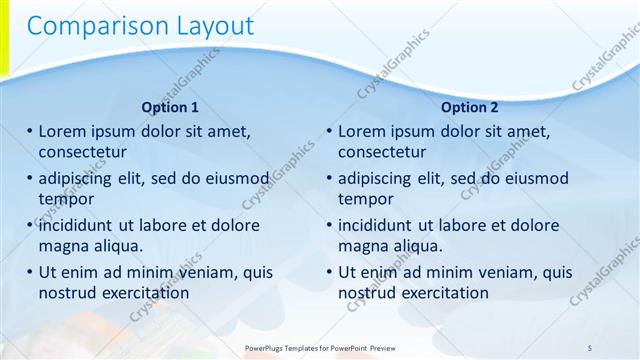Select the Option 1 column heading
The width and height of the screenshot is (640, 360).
(170, 107)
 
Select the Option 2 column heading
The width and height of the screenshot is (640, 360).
(469, 107)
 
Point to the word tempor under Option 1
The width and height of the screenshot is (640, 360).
(66, 199)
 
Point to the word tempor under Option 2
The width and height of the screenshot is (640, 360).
(366, 199)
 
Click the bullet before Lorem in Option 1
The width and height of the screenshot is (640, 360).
(30, 132)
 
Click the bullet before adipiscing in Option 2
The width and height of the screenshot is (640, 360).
(330, 179)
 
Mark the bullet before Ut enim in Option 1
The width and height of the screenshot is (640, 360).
(30, 272)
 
